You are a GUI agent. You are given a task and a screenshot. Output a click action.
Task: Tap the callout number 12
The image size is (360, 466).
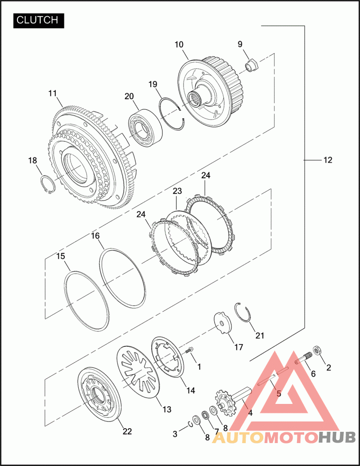coord(328,160)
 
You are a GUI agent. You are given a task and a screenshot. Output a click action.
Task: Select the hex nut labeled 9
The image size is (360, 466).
coord(252,65)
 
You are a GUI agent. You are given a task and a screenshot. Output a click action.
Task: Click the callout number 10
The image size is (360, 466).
coord(179,45)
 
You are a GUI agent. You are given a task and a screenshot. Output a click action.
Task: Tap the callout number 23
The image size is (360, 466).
coord(177,191)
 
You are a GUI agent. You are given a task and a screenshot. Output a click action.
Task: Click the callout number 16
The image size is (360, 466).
coord(95,236)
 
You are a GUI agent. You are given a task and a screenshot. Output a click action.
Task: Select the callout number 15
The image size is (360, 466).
coord(61,256)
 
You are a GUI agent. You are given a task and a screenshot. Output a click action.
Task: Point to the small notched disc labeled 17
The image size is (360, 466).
coord(223,323)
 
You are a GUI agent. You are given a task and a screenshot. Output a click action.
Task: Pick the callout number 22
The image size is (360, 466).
coord(127,431)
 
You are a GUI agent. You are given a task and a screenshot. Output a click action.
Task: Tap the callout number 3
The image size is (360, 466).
coord(175,434)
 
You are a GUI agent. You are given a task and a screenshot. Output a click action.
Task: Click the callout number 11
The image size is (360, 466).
coord(53,93)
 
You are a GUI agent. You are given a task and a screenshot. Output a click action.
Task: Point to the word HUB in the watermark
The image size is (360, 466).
coord(337,438)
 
